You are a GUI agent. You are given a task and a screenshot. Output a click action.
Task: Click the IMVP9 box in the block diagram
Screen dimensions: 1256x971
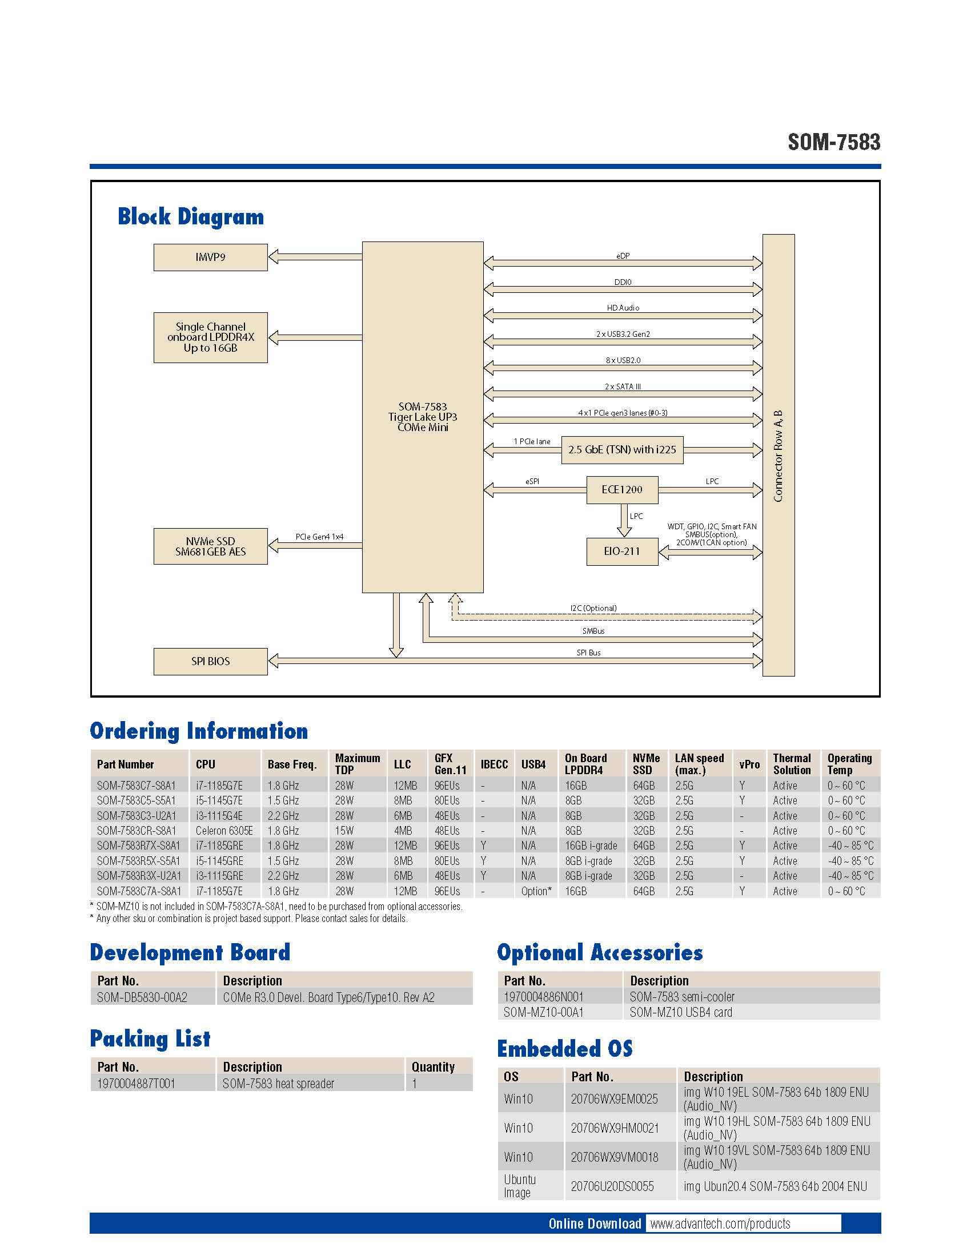pos(210,257)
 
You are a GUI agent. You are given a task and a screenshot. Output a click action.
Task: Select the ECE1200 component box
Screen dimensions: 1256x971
pos(622,489)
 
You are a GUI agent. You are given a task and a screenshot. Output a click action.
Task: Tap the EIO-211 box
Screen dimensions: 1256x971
pos(622,551)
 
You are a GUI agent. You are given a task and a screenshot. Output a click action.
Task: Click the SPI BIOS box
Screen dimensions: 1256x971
pos(210,661)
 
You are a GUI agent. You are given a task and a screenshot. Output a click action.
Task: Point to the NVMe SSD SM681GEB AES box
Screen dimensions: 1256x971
pos(210,546)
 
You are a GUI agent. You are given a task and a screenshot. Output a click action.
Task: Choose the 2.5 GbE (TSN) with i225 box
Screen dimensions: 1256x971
pos(622,450)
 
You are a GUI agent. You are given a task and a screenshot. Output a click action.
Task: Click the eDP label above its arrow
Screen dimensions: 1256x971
pos(623,256)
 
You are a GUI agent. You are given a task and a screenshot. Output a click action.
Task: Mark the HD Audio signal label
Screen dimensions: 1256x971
pos(623,308)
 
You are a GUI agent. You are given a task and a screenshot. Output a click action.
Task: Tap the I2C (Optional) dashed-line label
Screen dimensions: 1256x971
pos(593,608)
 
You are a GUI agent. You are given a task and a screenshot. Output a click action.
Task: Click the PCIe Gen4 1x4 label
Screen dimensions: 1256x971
pos(319,537)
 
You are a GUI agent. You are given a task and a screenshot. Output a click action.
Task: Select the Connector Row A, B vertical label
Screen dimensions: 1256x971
pos(779,456)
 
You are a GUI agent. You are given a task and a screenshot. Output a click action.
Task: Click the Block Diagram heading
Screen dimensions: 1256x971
pos(190,217)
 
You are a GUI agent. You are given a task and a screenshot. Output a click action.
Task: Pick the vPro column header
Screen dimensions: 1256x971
pos(749,764)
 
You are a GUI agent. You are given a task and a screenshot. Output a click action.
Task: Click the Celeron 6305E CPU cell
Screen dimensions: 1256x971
pos(224,831)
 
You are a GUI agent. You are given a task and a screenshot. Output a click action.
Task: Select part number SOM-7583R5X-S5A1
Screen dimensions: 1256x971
pos(138,861)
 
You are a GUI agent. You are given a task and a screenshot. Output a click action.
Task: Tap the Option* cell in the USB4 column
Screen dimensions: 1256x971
pos(536,891)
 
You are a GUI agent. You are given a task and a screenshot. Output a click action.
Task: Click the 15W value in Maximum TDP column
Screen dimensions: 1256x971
pos(344,831)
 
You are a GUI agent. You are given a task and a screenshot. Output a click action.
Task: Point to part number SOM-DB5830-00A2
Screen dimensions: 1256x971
pos(142,997)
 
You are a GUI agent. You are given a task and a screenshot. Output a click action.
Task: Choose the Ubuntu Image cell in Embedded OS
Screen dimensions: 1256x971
pos(519,1186)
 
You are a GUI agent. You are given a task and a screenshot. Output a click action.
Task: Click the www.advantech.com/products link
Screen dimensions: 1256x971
pos(720,1223)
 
